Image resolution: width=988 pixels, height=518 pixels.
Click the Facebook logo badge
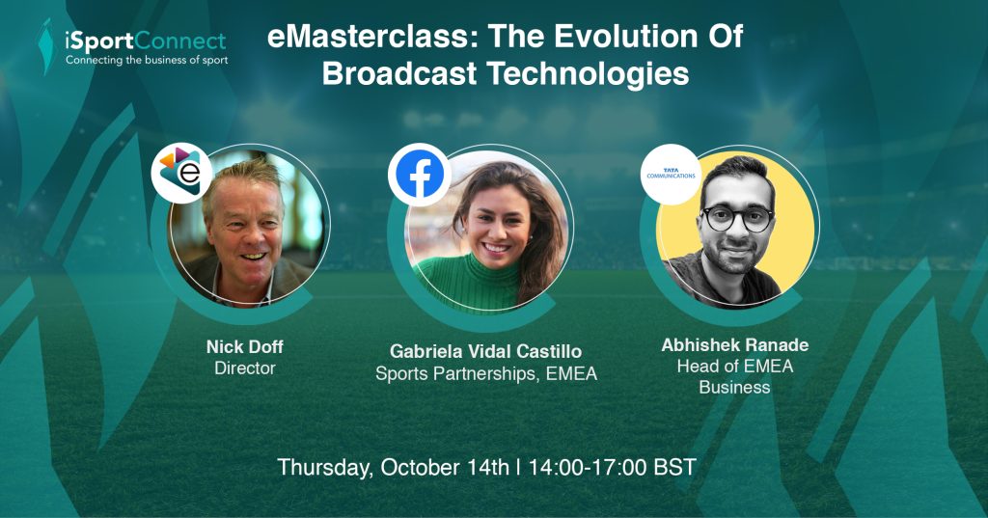point(419,175)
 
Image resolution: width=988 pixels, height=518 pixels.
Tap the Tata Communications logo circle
point(671,174)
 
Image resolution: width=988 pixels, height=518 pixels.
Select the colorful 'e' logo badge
point(182,173)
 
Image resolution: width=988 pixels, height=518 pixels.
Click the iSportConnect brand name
point(146,41)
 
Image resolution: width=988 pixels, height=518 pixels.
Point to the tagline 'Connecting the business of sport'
point(147,61)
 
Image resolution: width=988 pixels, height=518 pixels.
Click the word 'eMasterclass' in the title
point(369,36)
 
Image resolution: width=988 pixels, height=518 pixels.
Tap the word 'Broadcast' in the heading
point(399,73)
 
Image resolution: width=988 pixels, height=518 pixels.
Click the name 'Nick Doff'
point(244,346)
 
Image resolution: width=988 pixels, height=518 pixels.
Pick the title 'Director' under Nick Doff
point(245,368)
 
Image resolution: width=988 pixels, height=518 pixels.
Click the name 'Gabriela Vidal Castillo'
point(486,352)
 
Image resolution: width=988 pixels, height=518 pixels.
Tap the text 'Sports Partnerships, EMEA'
point(486,373)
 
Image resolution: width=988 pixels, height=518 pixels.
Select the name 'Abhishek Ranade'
point(734,345)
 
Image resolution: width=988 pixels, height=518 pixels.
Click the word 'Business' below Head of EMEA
point(734,387)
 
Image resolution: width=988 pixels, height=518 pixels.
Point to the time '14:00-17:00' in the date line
point(588,468)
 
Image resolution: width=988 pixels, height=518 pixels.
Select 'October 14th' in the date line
point(445,468)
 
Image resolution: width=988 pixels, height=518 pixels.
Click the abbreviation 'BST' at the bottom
point(674,468)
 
